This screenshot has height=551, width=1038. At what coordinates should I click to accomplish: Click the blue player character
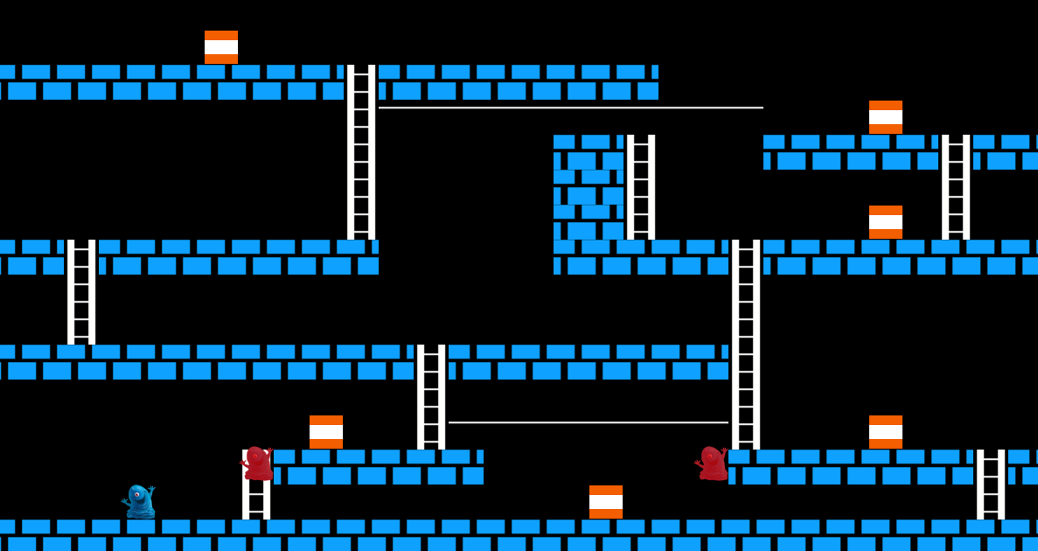tap(140, 502)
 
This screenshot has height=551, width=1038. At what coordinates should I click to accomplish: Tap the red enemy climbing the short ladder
tap(257, 464)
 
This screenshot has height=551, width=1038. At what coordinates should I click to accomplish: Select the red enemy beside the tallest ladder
tap(713, 464)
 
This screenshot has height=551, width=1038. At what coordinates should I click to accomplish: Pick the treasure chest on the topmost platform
tap(221, 47)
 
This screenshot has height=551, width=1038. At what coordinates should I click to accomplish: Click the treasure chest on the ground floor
tap(606, 502)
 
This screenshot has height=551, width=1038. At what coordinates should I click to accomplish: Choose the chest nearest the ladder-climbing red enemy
tap(326, 432)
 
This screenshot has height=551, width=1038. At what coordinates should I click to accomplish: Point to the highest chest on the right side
tap(886, 117)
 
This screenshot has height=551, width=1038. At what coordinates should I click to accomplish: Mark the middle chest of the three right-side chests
tap(886, 222)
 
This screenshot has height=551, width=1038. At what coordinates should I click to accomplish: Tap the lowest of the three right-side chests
tap(886, 432)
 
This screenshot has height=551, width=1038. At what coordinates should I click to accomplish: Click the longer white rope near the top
tap(570, 108)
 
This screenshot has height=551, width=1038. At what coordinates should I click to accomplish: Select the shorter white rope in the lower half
tap(588, 422)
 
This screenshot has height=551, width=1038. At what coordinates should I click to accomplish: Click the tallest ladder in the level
tap(746, 345)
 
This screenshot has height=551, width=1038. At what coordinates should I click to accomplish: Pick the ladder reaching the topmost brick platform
tap(361, 152)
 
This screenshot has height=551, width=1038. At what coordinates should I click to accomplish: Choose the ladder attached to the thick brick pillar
tap(641, 187)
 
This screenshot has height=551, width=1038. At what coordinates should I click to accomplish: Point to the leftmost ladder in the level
tap(81, 292)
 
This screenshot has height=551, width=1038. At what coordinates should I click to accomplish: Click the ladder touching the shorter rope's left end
tap(431, 397)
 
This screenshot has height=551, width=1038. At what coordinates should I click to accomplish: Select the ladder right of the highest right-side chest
tap(956, 187)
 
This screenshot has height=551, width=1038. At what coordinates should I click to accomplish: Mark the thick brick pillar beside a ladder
tap(589, 187)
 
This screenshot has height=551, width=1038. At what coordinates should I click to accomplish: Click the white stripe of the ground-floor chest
tap(606, 502)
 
